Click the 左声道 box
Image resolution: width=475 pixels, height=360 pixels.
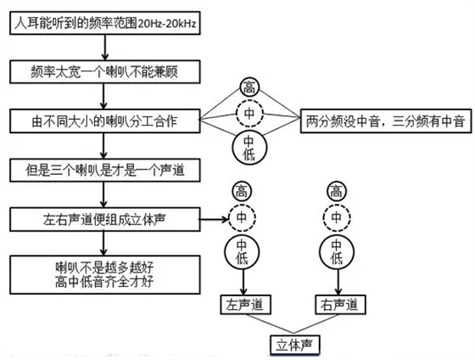[x=243, y=302]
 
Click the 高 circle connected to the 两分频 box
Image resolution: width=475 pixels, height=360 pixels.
[x=249, y=87]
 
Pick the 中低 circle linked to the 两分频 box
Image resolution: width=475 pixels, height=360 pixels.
[x=249, y=147]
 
